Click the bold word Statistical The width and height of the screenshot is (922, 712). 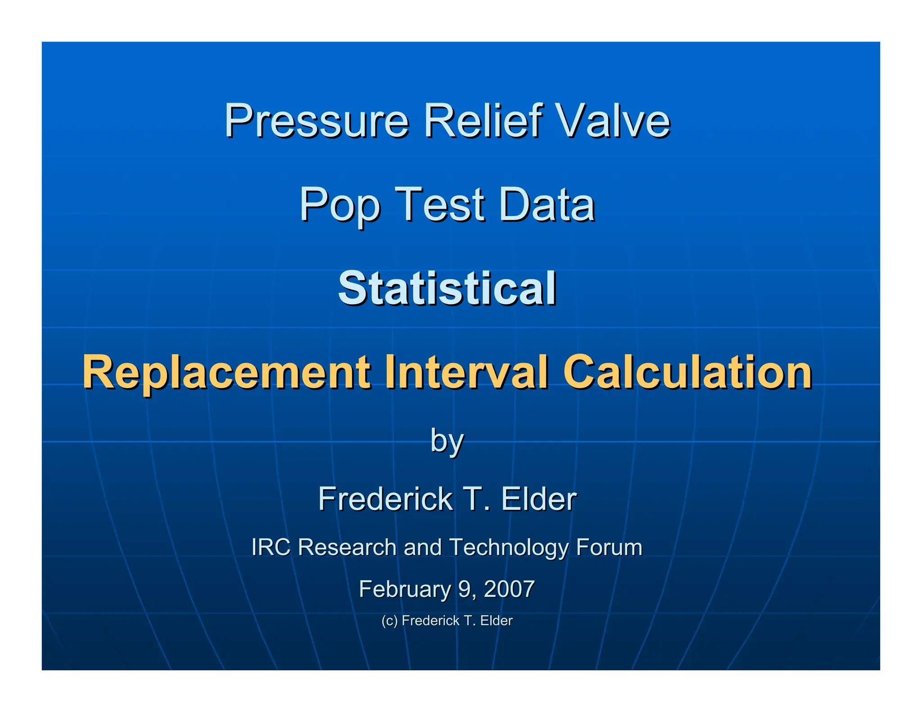click(x=447, y=288)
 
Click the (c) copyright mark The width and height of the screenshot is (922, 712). click(x=389, y=621)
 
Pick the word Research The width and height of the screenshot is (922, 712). click(x=347, y=547)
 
